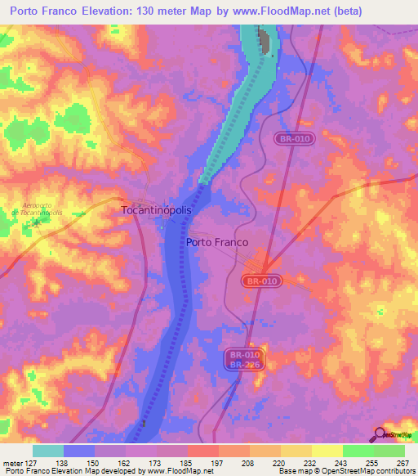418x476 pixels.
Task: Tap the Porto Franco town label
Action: coord(217,242)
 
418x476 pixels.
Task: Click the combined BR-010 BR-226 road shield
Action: coord(244,361)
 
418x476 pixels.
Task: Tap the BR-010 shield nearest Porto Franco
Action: coord(261,281)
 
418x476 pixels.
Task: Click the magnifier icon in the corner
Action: coord(380,435)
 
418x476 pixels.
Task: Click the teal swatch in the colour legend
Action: coord(48,451)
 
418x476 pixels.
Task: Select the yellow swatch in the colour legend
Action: coord(327,451)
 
